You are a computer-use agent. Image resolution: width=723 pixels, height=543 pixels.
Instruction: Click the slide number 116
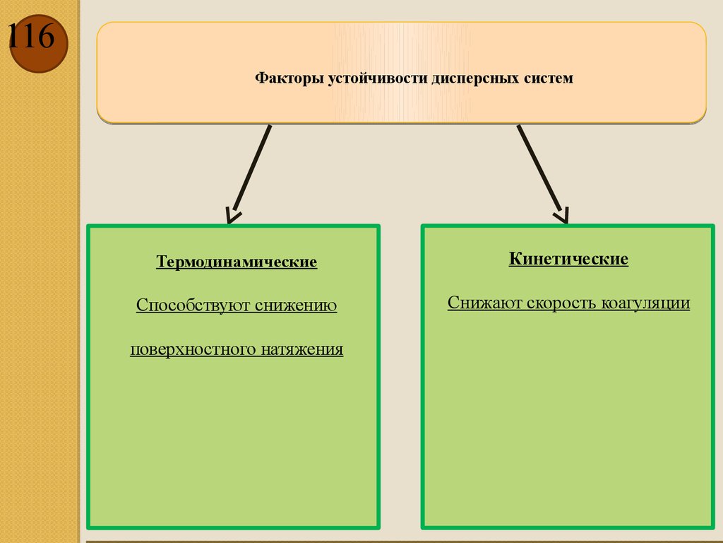[31, 36]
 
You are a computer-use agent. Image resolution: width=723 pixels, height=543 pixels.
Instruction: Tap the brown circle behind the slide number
[39, 43]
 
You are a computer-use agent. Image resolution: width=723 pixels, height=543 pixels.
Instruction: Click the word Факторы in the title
[289, 78]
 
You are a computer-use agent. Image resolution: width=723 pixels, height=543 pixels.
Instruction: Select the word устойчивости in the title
[378, 78]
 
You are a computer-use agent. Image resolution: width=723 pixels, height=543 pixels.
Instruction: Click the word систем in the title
[548, 78]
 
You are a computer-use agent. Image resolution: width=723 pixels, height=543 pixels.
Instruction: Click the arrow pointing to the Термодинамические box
[249, 173]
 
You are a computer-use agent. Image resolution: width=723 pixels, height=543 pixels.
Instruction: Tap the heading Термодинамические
[237, 262]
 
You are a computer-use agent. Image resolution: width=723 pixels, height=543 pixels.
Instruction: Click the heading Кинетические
[568, 259]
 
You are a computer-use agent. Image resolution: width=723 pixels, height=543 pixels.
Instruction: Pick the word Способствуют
[193, 305]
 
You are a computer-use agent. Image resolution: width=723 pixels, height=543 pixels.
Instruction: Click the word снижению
[296, 305]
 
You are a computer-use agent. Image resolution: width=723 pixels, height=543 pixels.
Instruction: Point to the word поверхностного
[193, 349]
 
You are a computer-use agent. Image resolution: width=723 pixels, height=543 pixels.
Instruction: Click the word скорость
[562, 303]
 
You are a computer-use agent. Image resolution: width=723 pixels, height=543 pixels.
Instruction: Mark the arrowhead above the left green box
[233, 216]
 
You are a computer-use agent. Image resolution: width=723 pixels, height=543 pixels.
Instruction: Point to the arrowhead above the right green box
[562, 216]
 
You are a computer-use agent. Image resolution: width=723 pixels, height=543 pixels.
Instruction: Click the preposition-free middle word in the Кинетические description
[562, 303]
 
